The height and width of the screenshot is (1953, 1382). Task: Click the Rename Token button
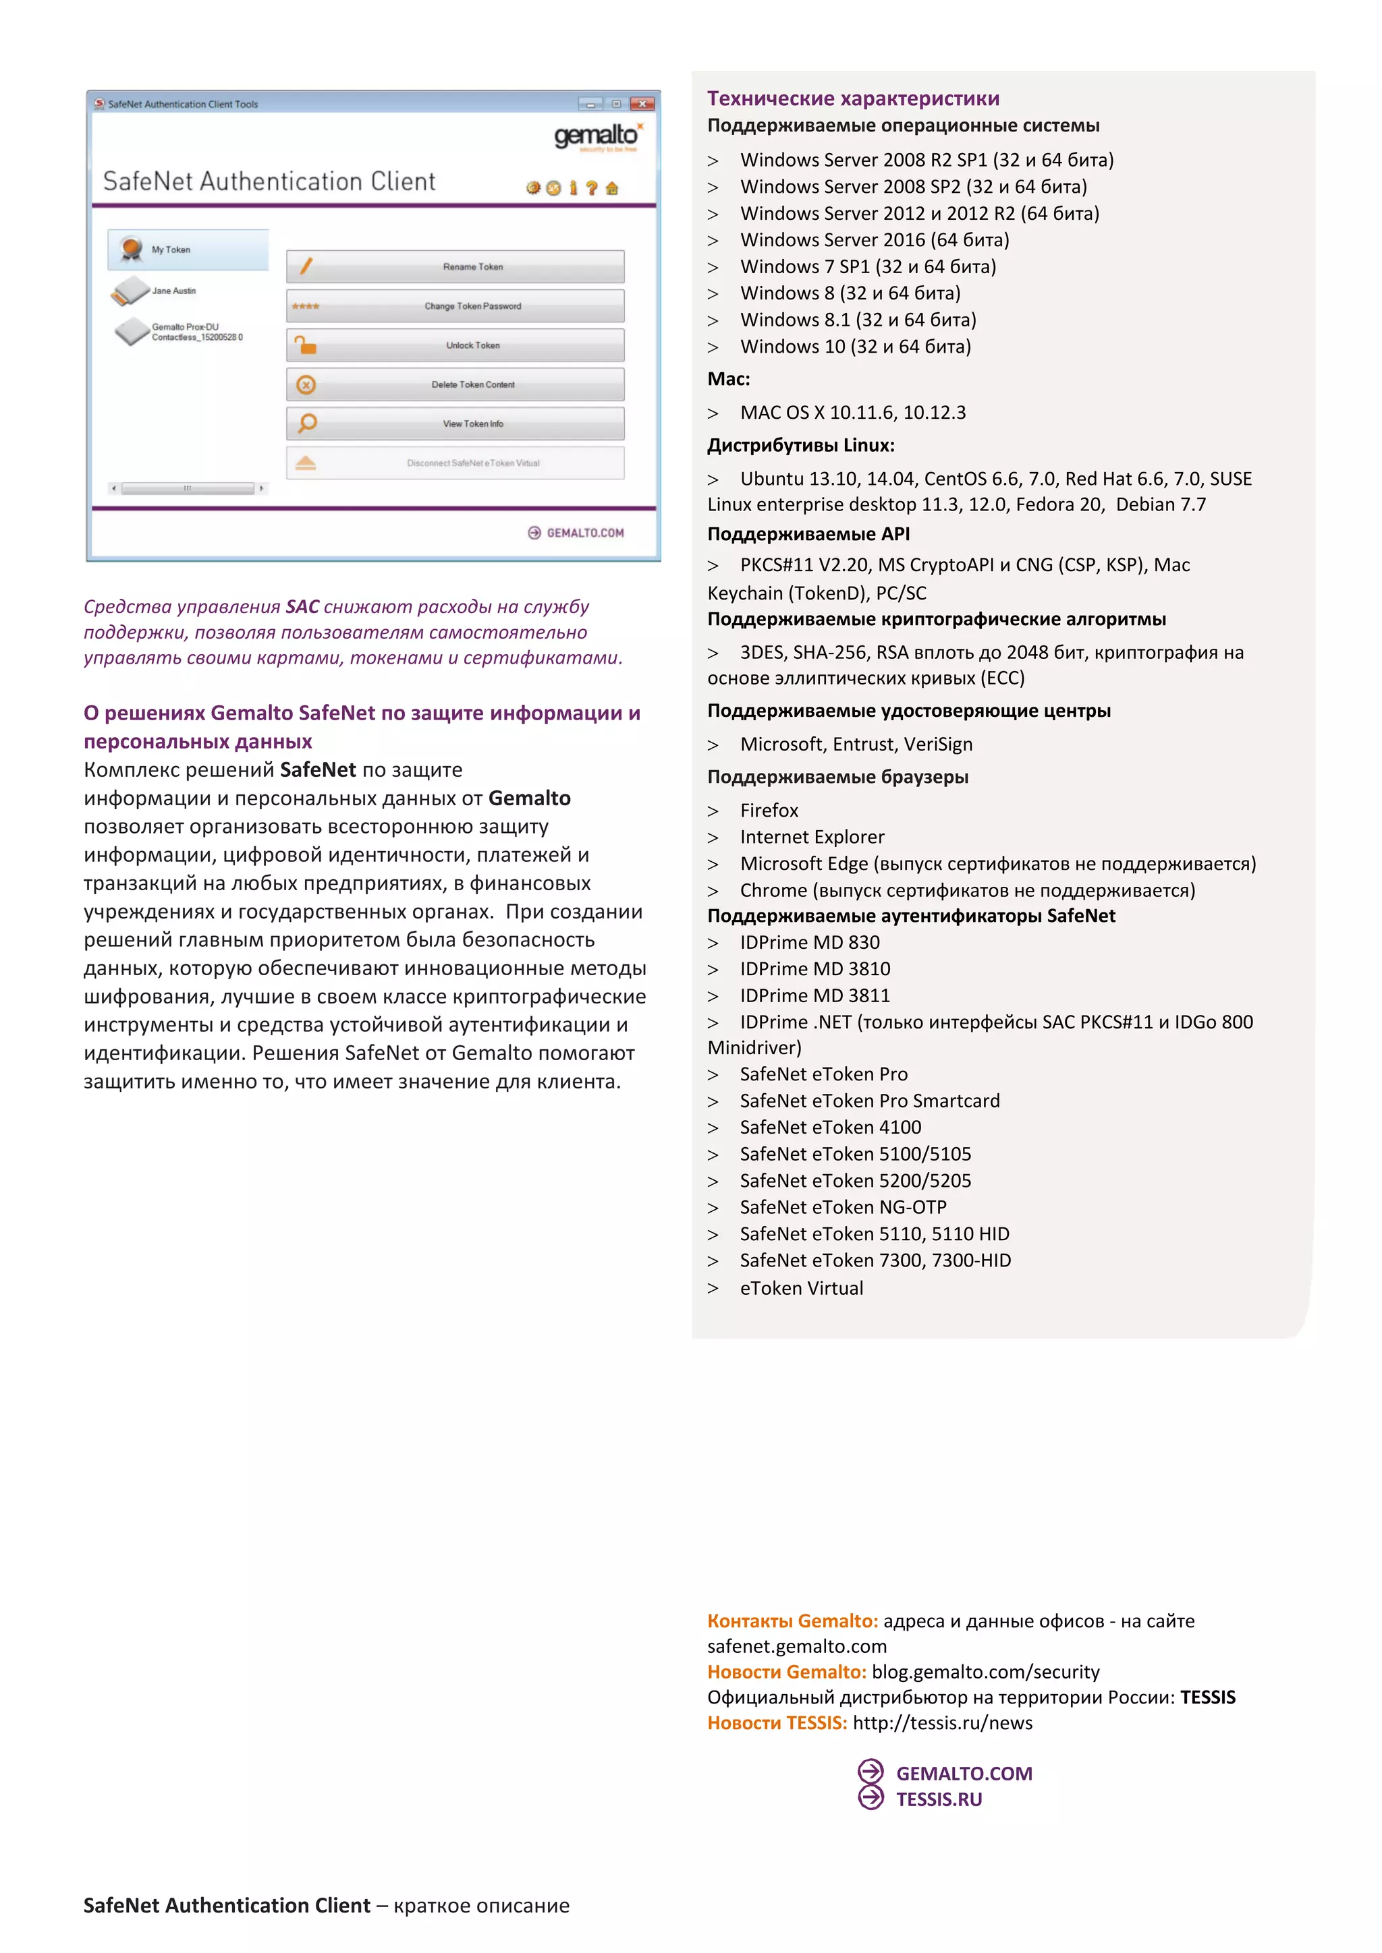[455, 266]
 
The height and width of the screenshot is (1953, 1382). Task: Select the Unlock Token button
[455, 345]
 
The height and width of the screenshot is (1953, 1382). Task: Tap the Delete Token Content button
[455, 384]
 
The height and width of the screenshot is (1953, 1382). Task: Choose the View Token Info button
[455, 424]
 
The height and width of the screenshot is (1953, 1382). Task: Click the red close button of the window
[643, 104]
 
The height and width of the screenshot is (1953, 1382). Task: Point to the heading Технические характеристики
[853, 98]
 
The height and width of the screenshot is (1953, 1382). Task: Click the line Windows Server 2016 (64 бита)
[874, 240]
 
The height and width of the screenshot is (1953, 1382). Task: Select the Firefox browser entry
[769, 811]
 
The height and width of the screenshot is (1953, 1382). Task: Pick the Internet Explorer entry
[812, 837]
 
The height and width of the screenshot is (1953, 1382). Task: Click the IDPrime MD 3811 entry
[814, 995]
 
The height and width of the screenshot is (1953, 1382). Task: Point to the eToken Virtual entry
[801, 1288]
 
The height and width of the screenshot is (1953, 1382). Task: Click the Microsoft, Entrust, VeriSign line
[855, 745]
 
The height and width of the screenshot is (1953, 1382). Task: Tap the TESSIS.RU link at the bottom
[938, 1799]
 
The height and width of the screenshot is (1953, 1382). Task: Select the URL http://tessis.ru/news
[942, 1722]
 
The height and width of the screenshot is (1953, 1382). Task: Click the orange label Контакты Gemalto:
[792, 1621]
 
